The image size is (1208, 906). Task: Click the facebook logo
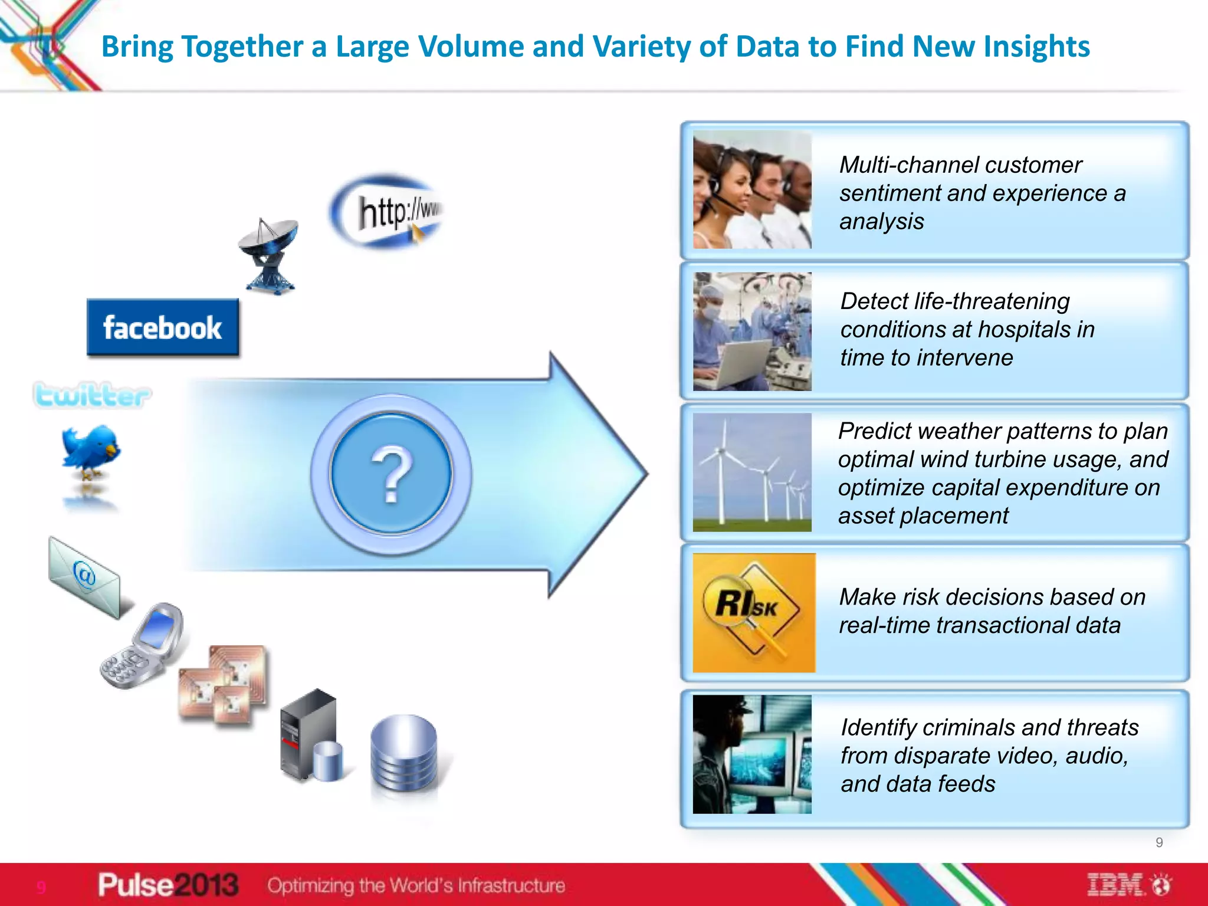(163, 328)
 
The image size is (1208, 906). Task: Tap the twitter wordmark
(92, 395)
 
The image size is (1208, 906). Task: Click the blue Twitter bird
(91, 451)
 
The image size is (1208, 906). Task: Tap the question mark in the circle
(391, 474)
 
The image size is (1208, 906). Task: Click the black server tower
(307, 734)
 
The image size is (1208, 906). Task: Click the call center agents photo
(752, 190)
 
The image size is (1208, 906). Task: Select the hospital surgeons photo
(752, 331)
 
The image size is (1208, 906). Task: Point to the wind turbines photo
(752, 472)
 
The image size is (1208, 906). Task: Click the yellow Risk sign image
(753, 613)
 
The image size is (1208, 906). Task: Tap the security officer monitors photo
(752, 754)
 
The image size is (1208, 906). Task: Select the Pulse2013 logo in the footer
(168, 885)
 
